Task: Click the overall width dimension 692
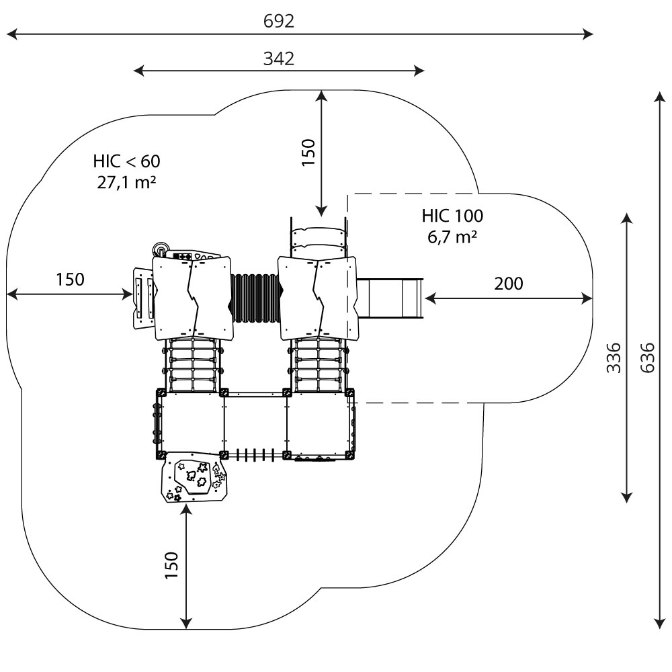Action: point(278,22)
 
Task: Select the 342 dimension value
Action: point(278,58)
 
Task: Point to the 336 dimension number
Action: point(614,358)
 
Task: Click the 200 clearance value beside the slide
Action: point(508,284)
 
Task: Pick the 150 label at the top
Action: point(307,152)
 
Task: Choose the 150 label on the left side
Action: point(70,280)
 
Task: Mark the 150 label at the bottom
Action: point(171,565)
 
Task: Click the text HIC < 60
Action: point(127,161)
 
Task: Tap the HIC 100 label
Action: point(452,216)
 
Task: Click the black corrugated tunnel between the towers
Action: point(255,299)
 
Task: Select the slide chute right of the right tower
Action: point(390,299)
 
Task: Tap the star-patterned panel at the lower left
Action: point(194,478)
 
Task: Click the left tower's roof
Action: point(193,298)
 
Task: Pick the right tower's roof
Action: point(317,298)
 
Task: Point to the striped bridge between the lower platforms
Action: point(255,455)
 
